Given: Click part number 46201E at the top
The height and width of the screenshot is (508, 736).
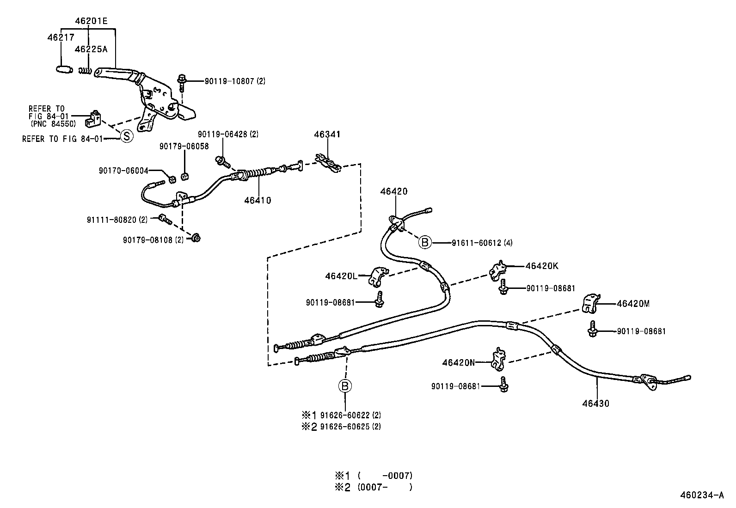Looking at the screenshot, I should [92, 21].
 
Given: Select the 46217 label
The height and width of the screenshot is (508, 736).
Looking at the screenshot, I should [60, 37].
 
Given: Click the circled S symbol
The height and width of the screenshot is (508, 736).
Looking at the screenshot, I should [126, 136].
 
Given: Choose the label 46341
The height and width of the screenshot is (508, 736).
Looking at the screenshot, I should [327, 135].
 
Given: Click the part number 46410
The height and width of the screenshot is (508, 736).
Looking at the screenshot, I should [258, 200].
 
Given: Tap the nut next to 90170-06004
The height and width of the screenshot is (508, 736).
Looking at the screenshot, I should [171, 179].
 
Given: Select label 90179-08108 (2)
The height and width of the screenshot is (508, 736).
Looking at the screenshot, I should [153, 239].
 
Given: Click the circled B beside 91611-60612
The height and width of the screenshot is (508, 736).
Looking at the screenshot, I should [424, 242].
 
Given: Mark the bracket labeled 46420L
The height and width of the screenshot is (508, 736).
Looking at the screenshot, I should [377, 276].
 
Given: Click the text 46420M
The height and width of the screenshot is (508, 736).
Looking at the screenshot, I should [633, 304].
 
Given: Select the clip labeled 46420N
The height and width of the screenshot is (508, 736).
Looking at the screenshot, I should [498, 359].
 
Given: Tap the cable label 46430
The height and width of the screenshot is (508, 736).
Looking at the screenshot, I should [595, 403].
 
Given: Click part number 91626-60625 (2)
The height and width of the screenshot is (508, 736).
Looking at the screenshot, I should [350, 427].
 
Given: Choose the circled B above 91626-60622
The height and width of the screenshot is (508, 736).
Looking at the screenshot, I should [345, 386].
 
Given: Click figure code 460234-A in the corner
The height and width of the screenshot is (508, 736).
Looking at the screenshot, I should [701, 496].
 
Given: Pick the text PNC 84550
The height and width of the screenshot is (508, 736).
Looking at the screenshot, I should [53, 123].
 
